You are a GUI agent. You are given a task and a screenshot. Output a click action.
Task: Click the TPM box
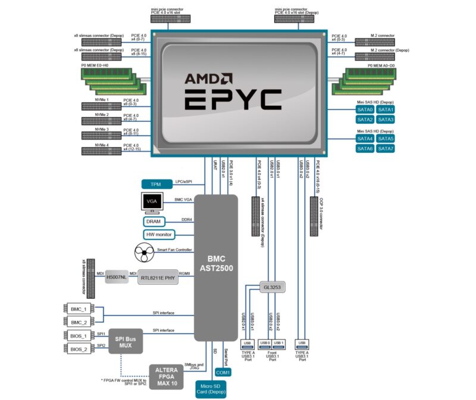pos(156,184)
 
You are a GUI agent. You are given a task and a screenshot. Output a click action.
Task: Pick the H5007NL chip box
pos(116,277)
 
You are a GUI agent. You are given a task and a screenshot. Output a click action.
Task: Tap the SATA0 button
pos(365,110)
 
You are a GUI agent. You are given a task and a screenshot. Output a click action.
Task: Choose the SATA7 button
pos(386,148)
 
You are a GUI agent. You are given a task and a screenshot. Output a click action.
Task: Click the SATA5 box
pos(386,138)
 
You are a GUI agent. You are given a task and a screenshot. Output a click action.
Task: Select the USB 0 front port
pos(265,344)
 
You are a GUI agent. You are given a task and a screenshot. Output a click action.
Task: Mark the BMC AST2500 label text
pos(216,263)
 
